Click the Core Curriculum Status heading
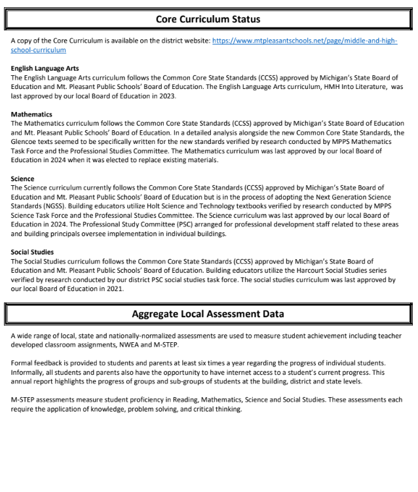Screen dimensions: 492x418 tap(208, 20)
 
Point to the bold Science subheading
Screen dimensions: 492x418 tap(24, 178)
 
